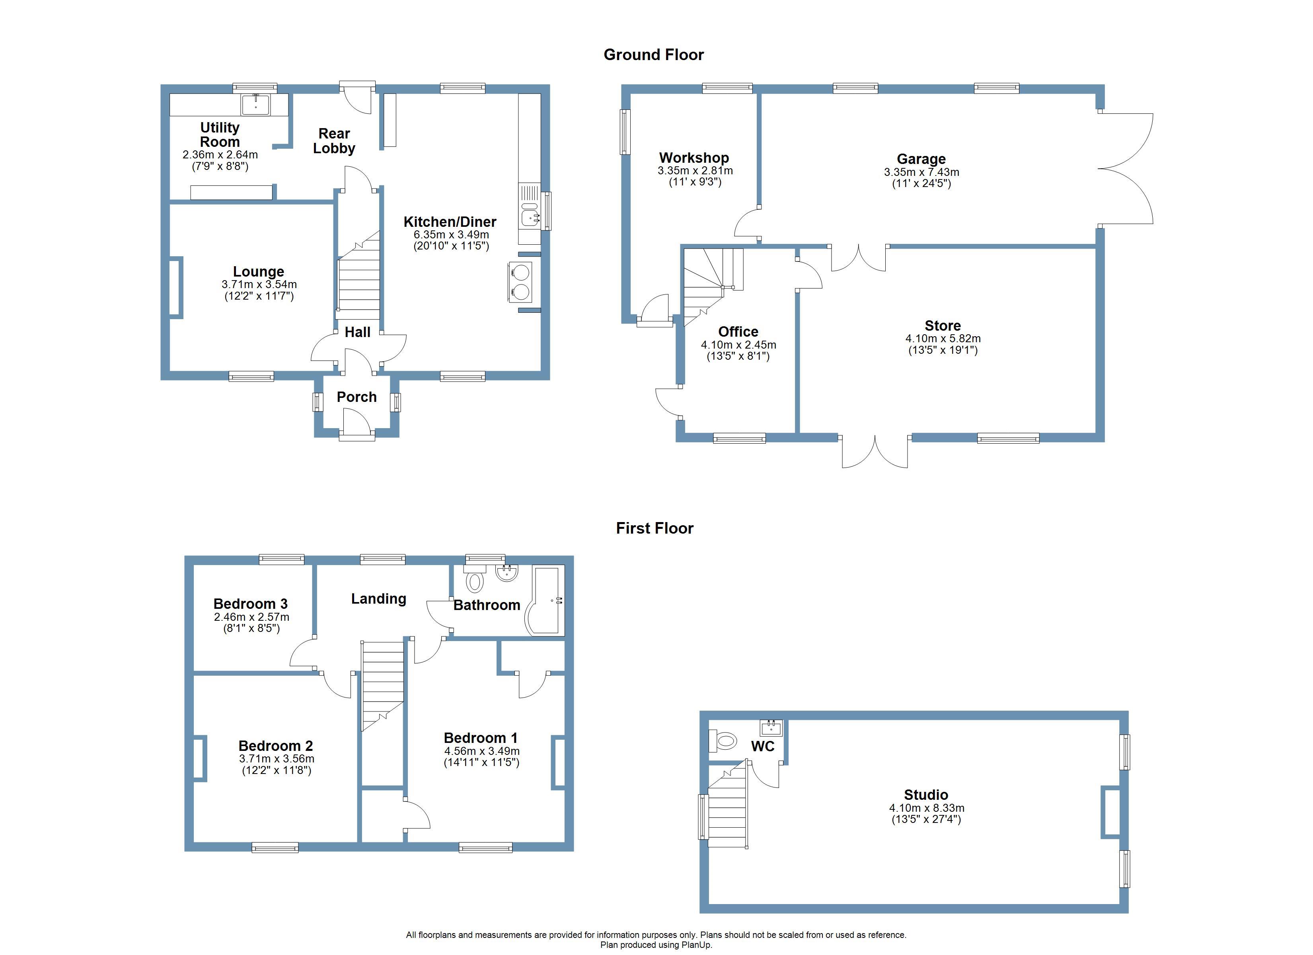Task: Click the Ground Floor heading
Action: pos(654,55)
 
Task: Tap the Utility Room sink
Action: pos(255,105)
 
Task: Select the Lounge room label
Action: pos(258,272)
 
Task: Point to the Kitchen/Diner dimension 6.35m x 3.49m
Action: pos(451,234)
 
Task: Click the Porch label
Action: pos(356,397)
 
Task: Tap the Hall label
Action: pos(357,332)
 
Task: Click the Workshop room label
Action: pos(694,158)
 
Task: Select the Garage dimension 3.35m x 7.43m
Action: pos(921,172)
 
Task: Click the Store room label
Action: pos(943,325)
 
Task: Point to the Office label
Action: pos(738,331)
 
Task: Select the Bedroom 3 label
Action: pos(250,604)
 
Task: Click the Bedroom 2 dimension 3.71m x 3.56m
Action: pos(277,759)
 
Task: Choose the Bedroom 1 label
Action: pos(481,738)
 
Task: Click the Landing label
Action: pos(379,599)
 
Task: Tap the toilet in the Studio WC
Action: pos(724,740)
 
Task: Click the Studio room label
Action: pos(926,795)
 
